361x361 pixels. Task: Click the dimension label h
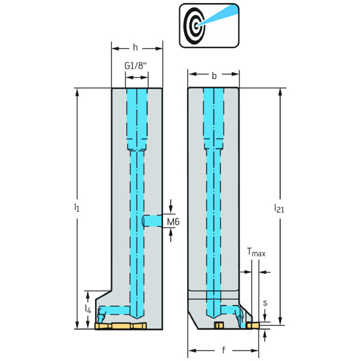[136, 46]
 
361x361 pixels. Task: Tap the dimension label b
[214, 76]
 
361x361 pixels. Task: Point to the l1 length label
[76, 207]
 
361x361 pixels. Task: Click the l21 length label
[279, 208]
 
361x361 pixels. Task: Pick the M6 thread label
[173, 222]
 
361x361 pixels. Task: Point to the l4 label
[87, 309]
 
